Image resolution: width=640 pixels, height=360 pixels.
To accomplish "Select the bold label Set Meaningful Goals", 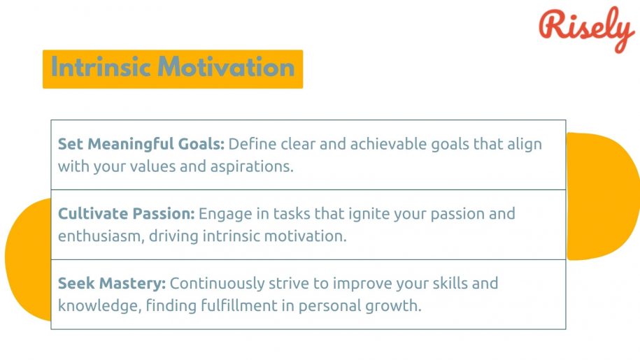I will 141,144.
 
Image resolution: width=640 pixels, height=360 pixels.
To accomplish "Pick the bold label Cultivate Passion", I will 127,213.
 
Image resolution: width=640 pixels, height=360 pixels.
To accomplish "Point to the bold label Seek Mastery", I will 111,284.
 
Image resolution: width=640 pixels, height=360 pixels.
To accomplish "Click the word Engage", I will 224,213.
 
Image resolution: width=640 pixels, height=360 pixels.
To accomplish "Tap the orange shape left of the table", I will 28,259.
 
